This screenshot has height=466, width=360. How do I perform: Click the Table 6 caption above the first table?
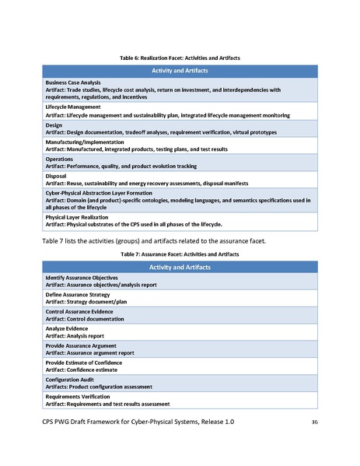click(x=180, y=58)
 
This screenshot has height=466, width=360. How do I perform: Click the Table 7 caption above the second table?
click(x=180, y=254)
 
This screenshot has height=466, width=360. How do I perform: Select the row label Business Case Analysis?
click(x=73, y=82)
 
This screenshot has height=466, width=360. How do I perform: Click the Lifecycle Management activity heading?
click(x=72, y=107)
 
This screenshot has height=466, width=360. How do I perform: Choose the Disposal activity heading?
click(x=57, y=175)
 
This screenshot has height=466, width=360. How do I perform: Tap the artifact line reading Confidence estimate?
click(x=86, y=370)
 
